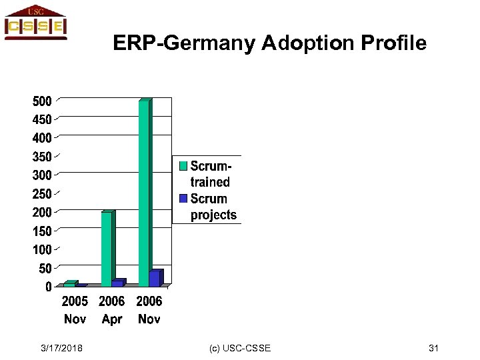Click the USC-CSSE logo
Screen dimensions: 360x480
coord(35,23)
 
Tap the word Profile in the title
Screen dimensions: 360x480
coord(393,43)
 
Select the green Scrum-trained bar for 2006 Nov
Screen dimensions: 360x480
coord(144,193)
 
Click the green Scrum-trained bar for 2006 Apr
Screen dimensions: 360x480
coord(107,249)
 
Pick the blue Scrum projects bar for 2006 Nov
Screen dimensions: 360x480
coord(155,279)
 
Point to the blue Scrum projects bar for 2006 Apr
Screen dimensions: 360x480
coord(117,283)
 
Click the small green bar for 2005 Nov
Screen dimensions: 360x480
coord(69,284)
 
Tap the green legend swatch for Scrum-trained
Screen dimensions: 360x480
coord(183,165)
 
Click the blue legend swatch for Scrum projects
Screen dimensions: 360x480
coord(183,199)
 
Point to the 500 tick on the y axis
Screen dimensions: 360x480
coord(42,101)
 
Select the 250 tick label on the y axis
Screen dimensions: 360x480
coord(42,194)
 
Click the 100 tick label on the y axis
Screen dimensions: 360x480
coord(42,249)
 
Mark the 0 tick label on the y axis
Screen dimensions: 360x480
coord(48,287)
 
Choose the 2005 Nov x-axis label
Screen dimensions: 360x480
coord(75,310)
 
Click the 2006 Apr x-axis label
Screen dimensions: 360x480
coord(112,310)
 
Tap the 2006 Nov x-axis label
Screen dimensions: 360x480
coord(149,310)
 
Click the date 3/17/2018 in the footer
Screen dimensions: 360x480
coord(61,348)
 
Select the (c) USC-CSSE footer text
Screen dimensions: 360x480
coord(240,348)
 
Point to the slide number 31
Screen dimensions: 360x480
coord(433,348)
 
